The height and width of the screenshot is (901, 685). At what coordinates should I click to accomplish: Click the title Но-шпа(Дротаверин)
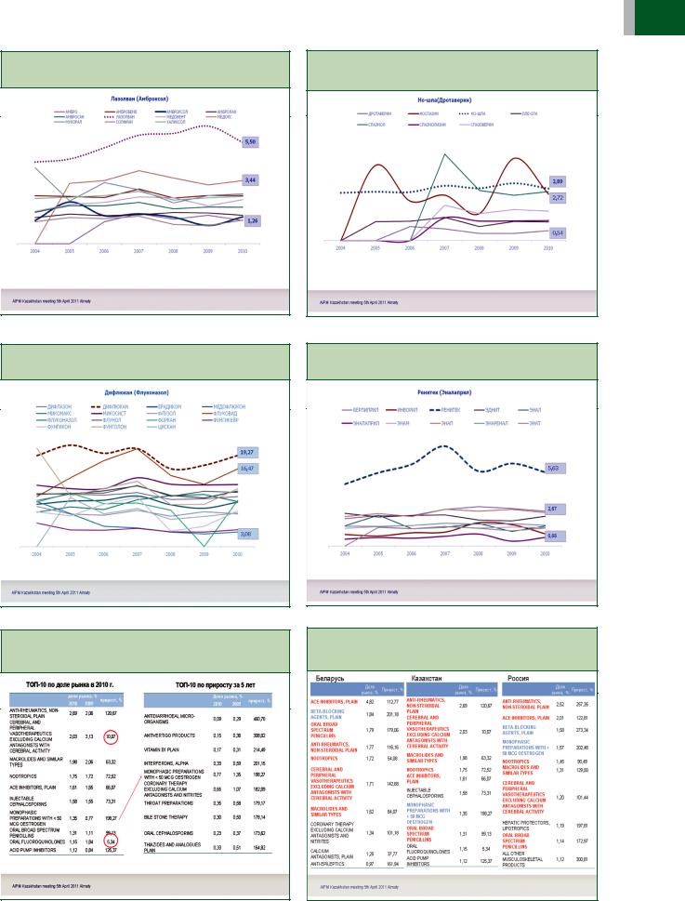click(454, 98)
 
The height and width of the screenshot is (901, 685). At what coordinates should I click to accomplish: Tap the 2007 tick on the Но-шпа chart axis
click(444, 248)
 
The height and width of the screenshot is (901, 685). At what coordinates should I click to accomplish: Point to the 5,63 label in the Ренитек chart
click(553, 468)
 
